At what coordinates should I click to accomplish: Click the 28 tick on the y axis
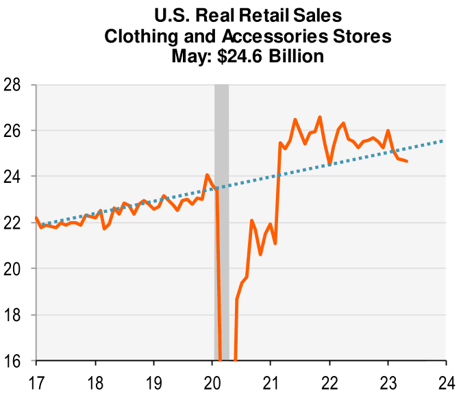pyautogui.click(x=14, y=85)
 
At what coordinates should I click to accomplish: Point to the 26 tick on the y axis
pyautogui.click(x=14, y=131)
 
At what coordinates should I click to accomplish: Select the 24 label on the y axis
pyautogui.click(x=14, y=177)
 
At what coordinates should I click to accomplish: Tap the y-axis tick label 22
pyautogui.click(x=14, y=223)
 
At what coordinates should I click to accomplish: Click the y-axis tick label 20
pyautogui.click(x=14, y=268)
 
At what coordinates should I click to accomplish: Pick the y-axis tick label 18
pyautogui.click(x=14, y=314)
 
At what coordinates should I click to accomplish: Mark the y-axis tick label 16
pyautogui.click(x=14, y=360)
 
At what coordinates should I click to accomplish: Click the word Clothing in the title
pyautogui.click(x=139, y=35)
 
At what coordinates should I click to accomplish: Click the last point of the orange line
pyautogui.click(x=407, y=162)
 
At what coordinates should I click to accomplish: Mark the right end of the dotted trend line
pyautogui.click(x=444, y=140)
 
